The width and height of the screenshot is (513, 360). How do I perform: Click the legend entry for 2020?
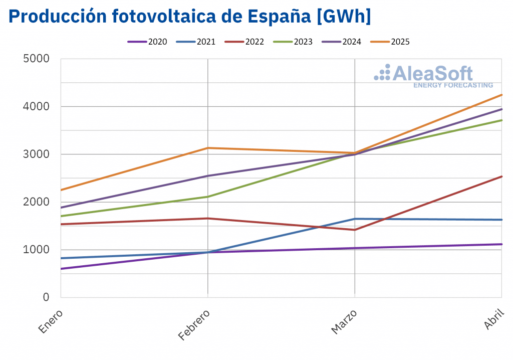pyautogui.click(x=148, y=42)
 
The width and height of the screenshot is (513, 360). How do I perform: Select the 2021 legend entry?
pyautogui.click(x=196, y=42)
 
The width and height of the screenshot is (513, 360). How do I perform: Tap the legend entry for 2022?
pyautogui.click(x=244, y=42)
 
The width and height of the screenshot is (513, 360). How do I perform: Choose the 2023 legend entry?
pyautogui.click(x=293, y=42)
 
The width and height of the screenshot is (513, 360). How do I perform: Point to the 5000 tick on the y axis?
pyautogui.click(x=37, y=59)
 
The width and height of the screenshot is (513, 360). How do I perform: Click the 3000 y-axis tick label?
pyautogui.click(x=37, y=154)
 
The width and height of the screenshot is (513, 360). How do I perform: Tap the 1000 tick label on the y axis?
pyautogui.click(x=37, y=249)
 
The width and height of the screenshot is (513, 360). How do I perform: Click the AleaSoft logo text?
pyautogui.click(x=432, y=74)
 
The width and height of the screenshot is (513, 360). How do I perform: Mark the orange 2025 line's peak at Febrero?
pyautogui.click(x=208, y=148)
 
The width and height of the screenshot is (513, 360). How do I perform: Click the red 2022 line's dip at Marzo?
pyautogui.click(x=355, y=230)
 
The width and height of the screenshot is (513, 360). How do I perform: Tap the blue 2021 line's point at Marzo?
pyautogui.click(x=355, y=219)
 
